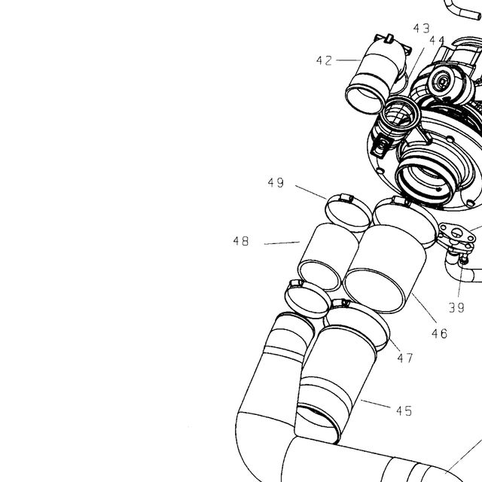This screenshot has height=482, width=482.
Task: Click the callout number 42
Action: point(325,60)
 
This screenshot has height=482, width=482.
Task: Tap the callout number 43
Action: point(422,29)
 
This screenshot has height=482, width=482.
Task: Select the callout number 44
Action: point(437,40)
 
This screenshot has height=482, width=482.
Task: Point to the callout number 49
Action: point(276,182)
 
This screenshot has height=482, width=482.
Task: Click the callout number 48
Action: point(241,241)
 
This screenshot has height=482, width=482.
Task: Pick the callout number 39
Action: point(456,307)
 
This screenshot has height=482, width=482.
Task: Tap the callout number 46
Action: point(440,334)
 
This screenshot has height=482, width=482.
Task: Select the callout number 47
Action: point(405,358)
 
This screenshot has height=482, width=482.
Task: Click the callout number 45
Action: point(404,411)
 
